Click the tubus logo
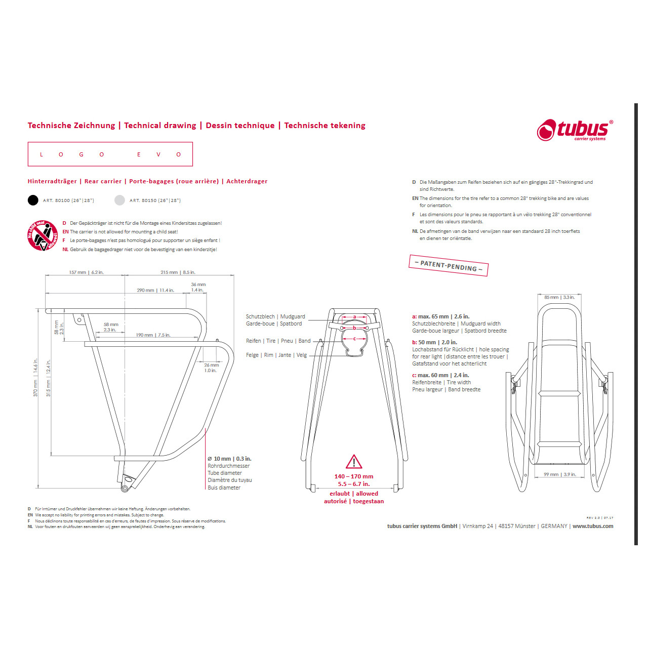575,130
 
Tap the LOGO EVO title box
110,154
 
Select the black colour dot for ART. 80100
33,200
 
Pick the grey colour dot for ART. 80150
119,200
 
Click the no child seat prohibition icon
43,235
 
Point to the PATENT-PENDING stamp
449,266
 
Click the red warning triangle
354,462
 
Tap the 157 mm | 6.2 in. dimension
86,272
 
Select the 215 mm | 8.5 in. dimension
178,272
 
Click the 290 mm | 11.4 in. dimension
155,291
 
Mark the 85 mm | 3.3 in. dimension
559,297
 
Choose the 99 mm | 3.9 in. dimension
559,474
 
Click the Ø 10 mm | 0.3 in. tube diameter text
229,459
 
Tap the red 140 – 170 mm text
354,476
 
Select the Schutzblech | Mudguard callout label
275,316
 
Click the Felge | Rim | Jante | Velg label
276,355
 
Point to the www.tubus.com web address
592,526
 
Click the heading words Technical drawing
160,126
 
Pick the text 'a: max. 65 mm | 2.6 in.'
440,316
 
